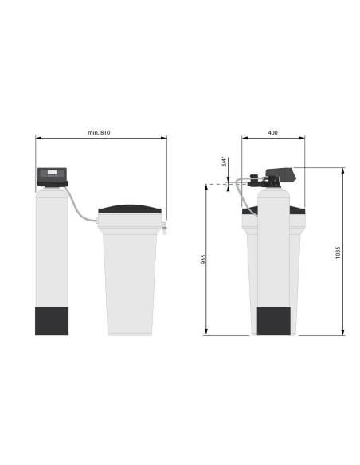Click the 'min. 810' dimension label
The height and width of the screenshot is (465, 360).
pos(99,132)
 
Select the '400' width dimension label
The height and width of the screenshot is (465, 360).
pos(273,132)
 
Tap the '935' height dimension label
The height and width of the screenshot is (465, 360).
pos(203,260)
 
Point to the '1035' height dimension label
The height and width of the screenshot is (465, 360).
pos(338,252)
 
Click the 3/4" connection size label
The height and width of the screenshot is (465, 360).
pos(225,162)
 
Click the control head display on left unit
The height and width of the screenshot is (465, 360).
pos(52,172)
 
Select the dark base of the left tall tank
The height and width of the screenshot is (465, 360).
pos(52,321)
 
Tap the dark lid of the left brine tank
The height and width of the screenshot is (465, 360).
pos(130,209)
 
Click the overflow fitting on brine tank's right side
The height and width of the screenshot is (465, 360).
pos(164,227)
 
